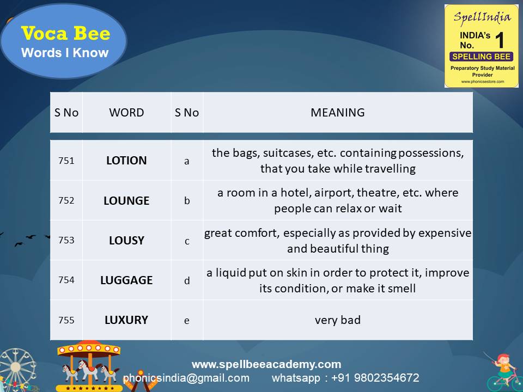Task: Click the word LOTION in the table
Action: (126, 161)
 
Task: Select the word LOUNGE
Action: (126, 200)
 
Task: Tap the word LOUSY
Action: (126, 240)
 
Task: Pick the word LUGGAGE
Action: (126, 280)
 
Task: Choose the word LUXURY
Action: (126, 320)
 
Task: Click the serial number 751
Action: (66, 161)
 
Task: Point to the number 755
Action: (66, 320)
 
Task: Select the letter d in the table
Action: (187, 280)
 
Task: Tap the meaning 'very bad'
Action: (338, 320)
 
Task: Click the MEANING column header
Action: (338, 113)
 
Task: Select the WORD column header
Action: (126, 113)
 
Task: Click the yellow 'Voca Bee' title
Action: (65, 34)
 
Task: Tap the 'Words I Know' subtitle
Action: (65, 53)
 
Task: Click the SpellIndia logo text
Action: (482, 17)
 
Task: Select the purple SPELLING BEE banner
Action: (482, 57)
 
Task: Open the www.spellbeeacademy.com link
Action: (266, 364)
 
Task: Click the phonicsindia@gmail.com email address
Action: (186, 378)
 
